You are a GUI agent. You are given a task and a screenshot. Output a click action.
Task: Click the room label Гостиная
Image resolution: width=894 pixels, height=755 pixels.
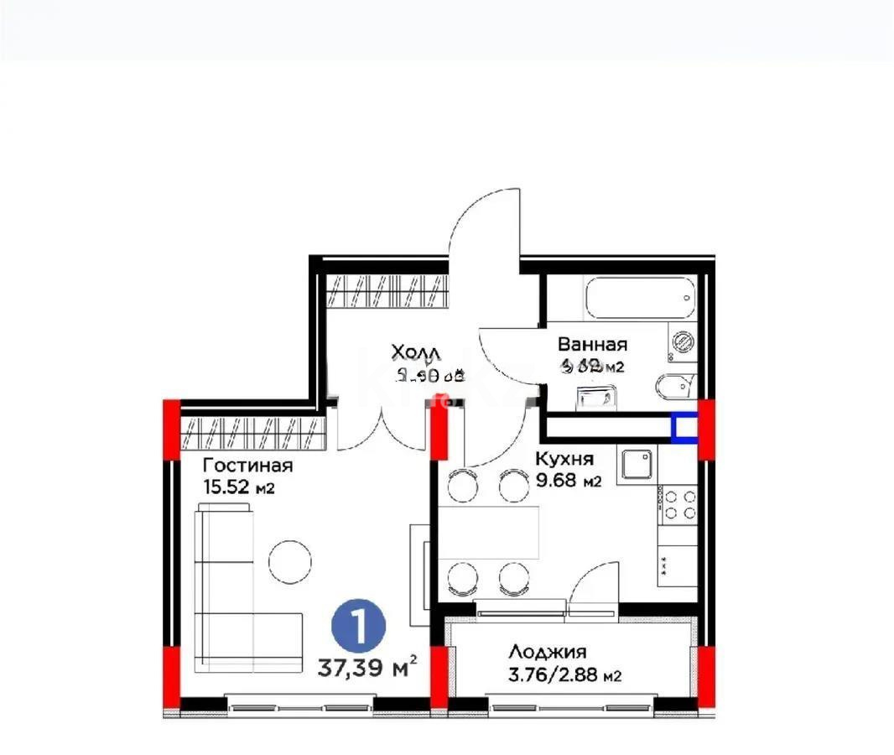tap(247, 466)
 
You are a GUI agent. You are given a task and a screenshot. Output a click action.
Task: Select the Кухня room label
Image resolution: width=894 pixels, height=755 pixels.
tap(565, 459)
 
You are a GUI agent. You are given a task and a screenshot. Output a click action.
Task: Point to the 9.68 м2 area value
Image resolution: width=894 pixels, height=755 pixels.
tap(569, 481)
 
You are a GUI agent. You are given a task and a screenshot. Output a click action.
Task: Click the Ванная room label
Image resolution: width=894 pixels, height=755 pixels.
tap(592, 344)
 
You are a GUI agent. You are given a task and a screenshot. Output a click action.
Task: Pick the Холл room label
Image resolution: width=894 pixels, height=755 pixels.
tap(417, 351)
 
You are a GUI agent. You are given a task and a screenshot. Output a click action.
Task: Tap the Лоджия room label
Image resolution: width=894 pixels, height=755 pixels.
tap(547, 652)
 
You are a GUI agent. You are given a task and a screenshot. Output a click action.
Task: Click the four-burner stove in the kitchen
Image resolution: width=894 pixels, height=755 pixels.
tap(678, 504)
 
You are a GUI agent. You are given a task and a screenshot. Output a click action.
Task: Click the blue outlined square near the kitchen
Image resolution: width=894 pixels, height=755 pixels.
tap(684, 429)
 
